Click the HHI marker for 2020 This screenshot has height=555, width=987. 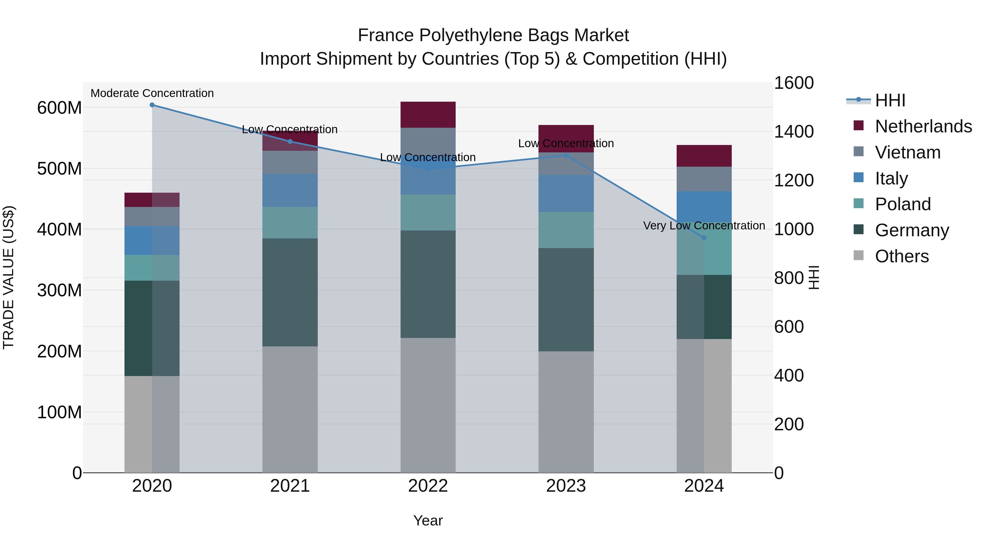152,105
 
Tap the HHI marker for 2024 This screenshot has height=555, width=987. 704,238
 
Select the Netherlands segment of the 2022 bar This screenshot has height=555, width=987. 428,115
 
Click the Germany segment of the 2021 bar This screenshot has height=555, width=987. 290,292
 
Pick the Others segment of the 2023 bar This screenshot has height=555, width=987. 566,412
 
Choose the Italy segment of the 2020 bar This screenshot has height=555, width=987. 152,241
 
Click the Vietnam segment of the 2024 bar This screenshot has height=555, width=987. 704,179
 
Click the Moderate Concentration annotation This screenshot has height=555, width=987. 152,93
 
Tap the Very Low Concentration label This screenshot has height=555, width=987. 704,226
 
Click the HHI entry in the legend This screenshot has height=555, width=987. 890,100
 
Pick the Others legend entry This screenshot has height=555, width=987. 901,256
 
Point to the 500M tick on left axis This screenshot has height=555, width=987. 59,169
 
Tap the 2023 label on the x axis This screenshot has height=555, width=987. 566,486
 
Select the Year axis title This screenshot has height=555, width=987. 428,520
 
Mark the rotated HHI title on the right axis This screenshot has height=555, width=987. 813,277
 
